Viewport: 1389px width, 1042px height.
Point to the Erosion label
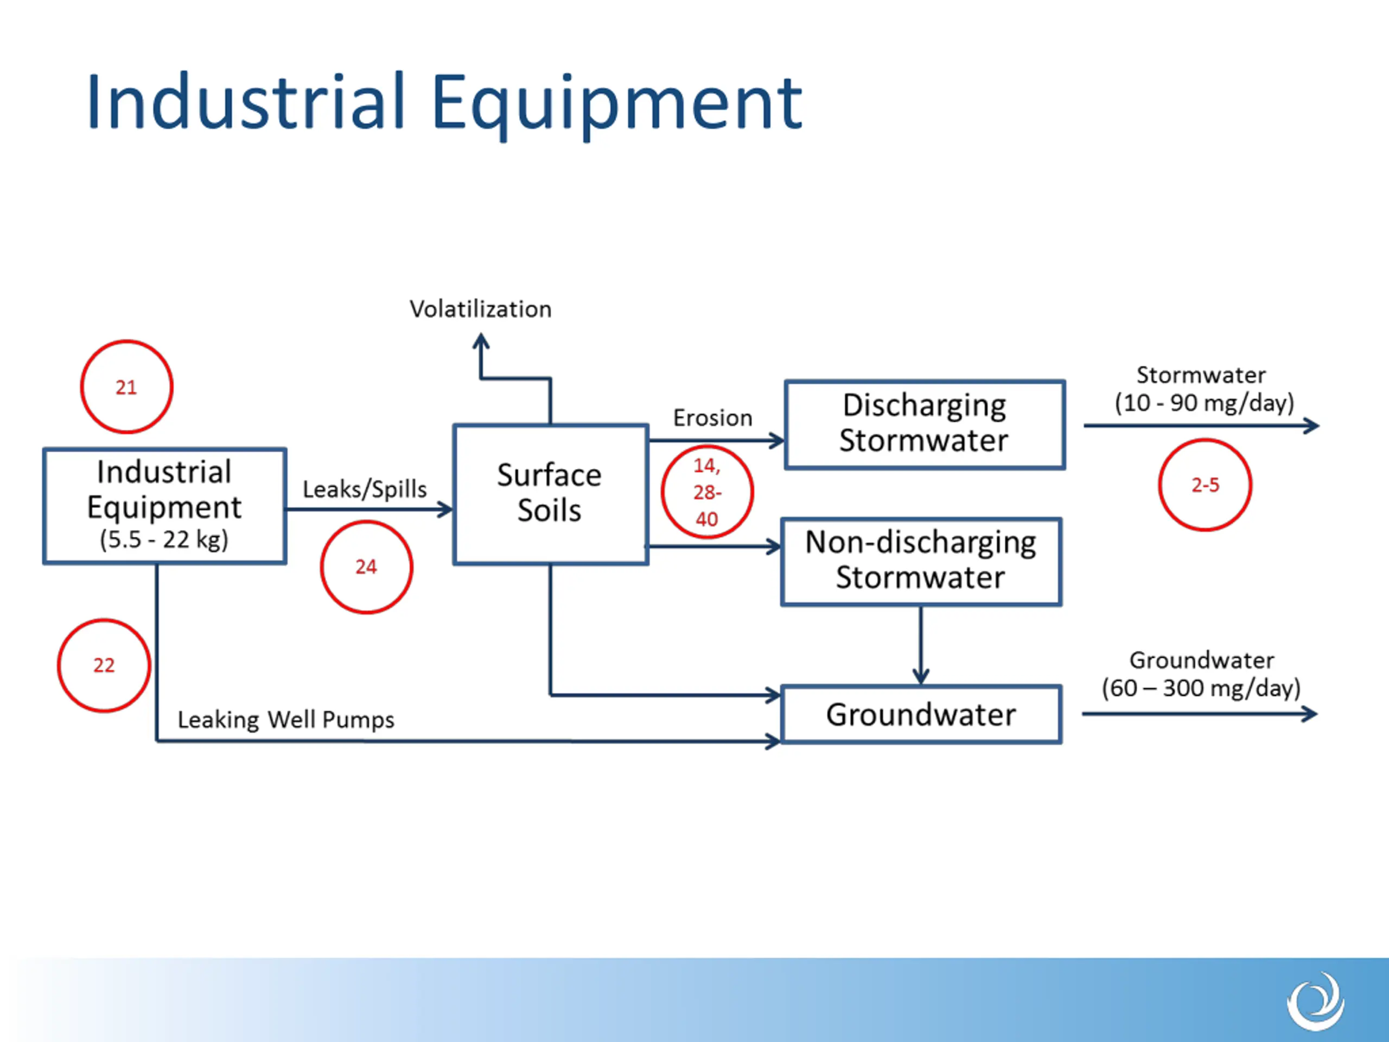coord(713,418)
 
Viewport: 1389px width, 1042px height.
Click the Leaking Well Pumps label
coord(286,720)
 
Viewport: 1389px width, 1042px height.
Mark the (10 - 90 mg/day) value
coord(1205,403)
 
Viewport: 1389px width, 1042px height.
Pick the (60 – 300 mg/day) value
coord(1201,688)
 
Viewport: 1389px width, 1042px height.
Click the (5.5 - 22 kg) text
coord(164,539)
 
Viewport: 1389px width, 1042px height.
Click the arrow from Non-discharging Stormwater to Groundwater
coord(921,645)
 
